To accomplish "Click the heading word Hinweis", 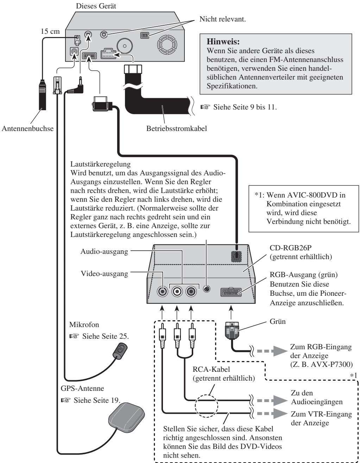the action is (x=223, y=41).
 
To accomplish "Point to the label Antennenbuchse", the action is (x=28, y=129).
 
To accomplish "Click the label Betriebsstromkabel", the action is (x=177, y=129).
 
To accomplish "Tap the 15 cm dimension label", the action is (x=50, y=31).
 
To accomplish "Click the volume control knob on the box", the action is (x=207, y=289).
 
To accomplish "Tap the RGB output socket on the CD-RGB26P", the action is (x=231, y=292).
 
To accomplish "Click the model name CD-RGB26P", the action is (x=290, y=248).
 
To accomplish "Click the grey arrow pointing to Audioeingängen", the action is (x=272, y=400).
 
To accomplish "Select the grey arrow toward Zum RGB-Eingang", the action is (x=272, y=351).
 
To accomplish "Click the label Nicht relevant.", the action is (x=222, y=19).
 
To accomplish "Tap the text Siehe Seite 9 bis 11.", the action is (x=245, y=107).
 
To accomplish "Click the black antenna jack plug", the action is (x=42, y=95).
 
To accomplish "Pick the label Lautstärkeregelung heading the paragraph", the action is (x=101, y=164).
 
